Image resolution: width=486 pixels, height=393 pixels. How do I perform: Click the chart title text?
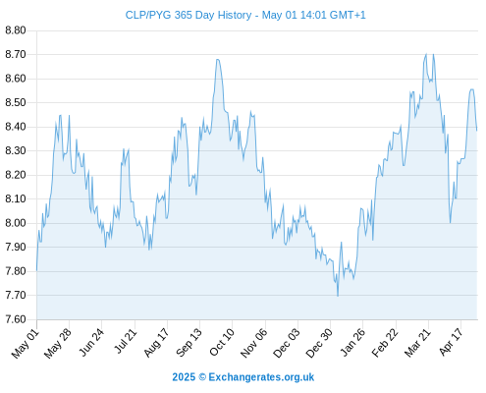pos(245,15)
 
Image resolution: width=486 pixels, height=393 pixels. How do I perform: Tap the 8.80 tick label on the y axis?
pos(16,30)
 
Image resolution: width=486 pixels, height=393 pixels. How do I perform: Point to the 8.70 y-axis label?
pos(16,54)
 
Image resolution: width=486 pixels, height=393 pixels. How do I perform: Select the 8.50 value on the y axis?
pos(16,102)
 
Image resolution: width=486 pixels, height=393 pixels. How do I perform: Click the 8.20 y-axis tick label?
pos(16,175)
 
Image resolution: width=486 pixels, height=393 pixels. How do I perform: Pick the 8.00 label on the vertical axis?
pos(16,223)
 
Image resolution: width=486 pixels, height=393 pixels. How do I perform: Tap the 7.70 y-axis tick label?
pos(16,295)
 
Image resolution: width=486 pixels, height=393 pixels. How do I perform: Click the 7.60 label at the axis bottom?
pos(16,319)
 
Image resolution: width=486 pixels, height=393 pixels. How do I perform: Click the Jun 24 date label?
pos(91,342)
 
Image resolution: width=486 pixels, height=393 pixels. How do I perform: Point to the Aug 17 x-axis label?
pos(156,343)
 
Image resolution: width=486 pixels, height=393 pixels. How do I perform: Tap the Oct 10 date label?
pos(222,342)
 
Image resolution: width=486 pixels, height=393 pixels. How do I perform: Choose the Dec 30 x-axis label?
pos(319,343)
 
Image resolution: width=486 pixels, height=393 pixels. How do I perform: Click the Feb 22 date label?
pos(385,343)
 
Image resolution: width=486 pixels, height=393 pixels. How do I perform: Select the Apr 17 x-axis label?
pos(451,342)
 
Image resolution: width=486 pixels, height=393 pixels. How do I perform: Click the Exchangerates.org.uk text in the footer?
pos(261,377)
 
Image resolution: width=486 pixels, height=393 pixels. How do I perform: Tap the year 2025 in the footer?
pos(184,377)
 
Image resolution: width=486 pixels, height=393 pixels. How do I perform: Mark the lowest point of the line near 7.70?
pos(338,296)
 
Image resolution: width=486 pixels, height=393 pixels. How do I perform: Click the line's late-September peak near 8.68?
pos(218,60)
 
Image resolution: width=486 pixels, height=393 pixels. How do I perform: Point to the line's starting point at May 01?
pos(36,270)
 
